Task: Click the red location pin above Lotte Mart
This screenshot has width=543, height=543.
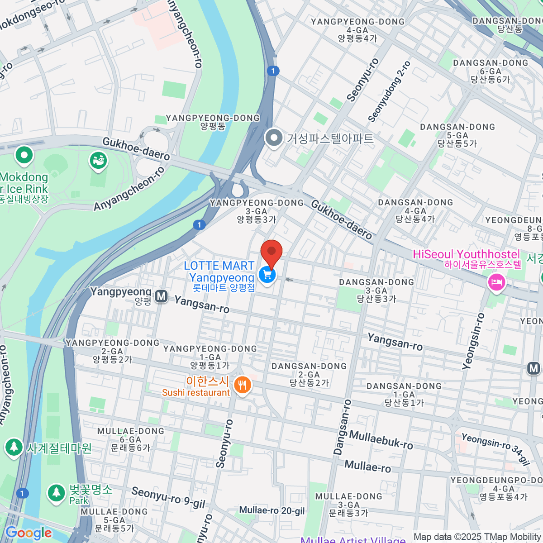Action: point(271,252)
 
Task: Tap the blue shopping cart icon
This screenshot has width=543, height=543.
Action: point(267,274)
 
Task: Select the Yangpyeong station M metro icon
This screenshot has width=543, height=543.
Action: point(161,297)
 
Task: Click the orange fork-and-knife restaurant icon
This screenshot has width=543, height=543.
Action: point(243,386)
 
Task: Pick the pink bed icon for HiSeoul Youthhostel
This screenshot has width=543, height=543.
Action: point(496,283)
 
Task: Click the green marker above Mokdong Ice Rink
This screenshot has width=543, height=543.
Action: point(24,155)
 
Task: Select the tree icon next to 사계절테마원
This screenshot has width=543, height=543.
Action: point(14,448)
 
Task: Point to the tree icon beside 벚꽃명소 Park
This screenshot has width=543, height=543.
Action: point(56,493)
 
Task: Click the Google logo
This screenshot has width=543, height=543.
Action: point(29,533)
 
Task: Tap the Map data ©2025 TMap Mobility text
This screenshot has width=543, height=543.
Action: point(477,537)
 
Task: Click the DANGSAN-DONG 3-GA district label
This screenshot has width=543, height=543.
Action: point(376,290)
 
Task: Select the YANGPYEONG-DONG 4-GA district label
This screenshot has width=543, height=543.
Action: point(357,30)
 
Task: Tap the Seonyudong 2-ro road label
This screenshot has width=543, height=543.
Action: point(389,91)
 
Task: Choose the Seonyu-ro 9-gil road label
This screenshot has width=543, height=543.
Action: point(168,497)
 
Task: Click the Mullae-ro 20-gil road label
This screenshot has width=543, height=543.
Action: point(272,510)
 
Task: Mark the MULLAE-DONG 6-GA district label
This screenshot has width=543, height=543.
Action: point(131,439)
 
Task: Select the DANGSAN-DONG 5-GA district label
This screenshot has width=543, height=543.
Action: point(457,135)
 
